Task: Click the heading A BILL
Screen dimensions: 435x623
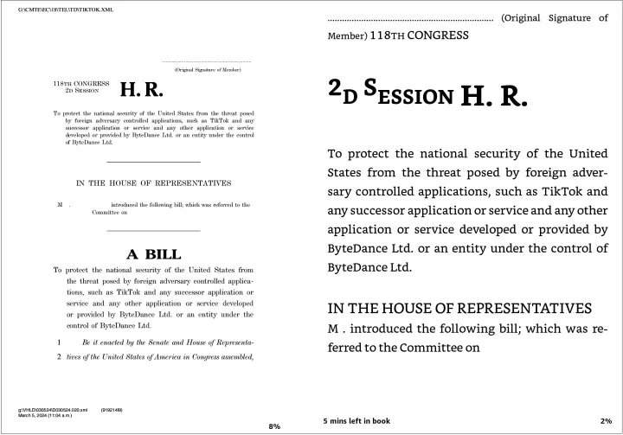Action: [x=154, y=254]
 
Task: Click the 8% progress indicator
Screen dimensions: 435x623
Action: [x=274, y=426]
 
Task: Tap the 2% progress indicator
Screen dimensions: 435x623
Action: [x=605, y=420]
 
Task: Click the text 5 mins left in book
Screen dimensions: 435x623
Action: [x=356, y=420]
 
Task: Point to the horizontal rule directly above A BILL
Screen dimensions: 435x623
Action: [x=153, y=231]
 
